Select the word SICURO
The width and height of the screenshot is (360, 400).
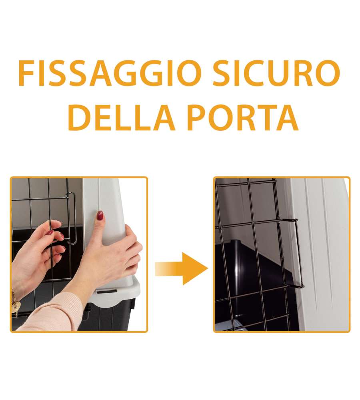tap(276, 73)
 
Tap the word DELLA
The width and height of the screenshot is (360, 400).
tap(122, 118)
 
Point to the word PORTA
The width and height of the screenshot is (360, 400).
tap(243, 118)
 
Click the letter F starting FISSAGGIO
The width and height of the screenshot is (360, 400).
tap(26, 73)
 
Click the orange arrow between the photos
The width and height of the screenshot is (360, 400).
tap(182, 268)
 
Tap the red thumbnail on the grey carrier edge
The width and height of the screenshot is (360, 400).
tap(100, 216)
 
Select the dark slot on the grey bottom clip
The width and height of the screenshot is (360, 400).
tap(107, 291)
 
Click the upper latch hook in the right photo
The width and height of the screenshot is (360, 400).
tap(290, 220)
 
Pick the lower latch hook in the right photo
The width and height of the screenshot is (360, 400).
tap(296, 286)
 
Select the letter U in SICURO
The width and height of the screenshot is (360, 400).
tap(280, 74)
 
